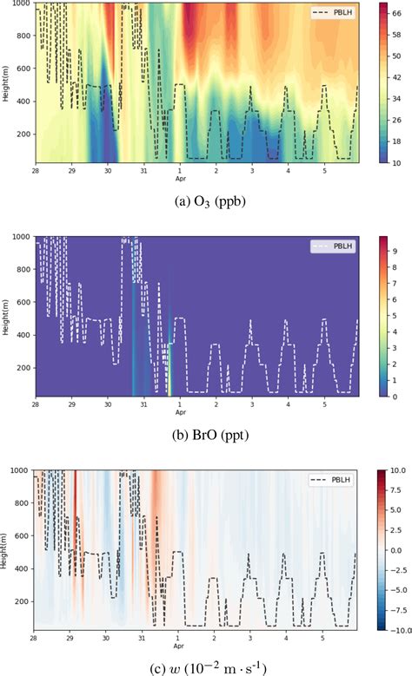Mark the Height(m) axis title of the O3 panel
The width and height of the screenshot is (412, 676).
pos(6,83)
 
